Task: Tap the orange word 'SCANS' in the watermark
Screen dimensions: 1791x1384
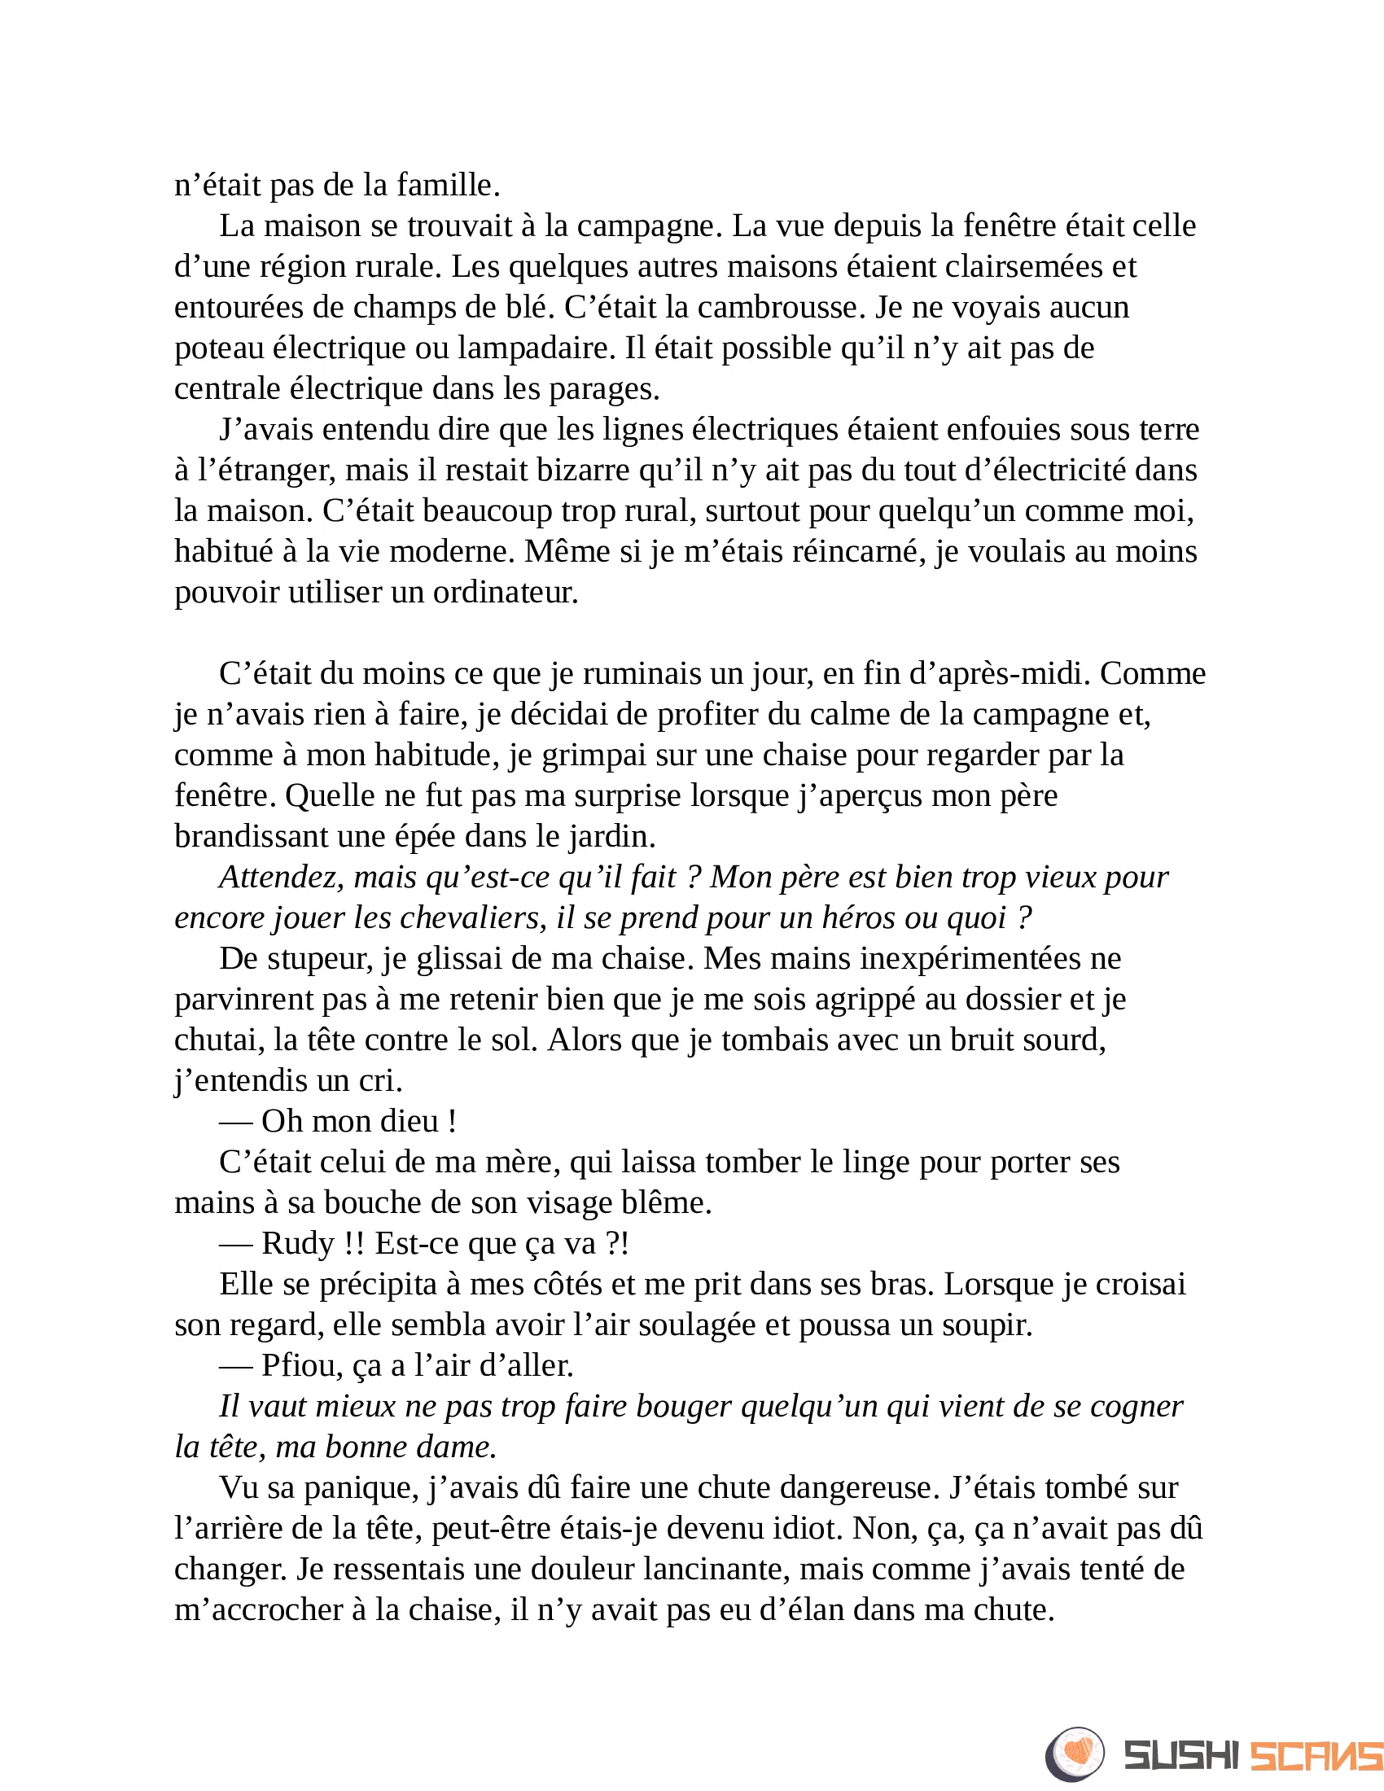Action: point(1316,1756)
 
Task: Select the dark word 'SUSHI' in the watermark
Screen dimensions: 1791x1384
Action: point(1181,1756)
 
